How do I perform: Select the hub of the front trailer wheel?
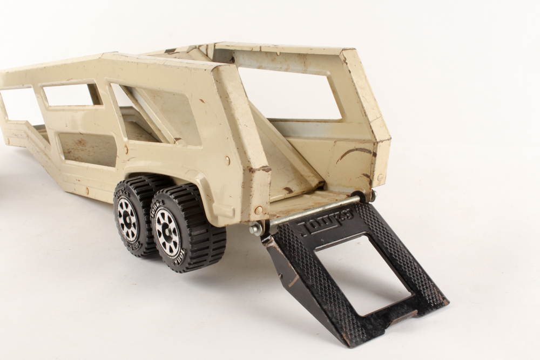127,219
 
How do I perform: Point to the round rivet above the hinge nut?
259,209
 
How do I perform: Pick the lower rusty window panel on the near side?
86,148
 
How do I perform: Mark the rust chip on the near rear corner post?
260,169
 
